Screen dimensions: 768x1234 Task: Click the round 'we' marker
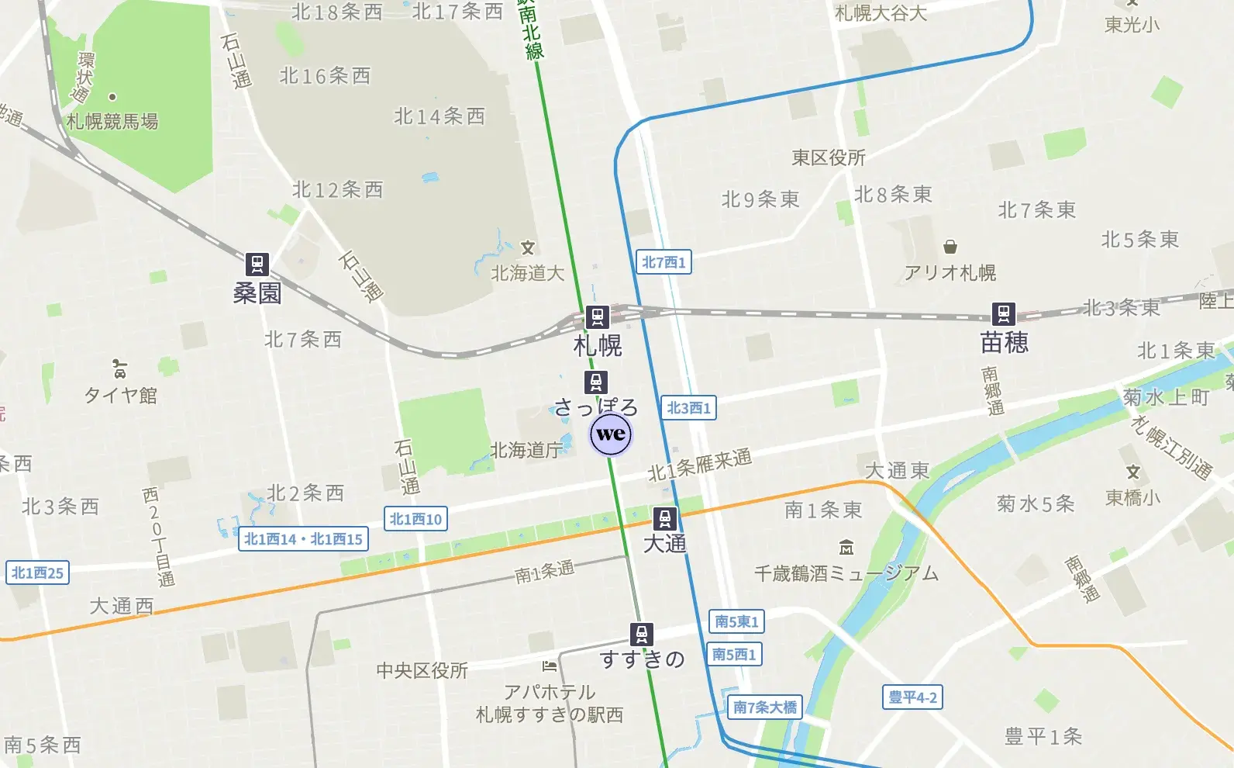[x=611, y=434]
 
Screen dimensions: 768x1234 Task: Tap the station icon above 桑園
[x=257, y=264]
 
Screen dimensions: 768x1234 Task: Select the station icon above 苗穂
[x=1004, y=313]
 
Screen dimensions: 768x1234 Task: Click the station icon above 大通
[x=664, y=517]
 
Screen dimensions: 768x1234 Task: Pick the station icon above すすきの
[x=642, y=634]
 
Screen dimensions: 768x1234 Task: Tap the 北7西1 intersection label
[x=664, y=262]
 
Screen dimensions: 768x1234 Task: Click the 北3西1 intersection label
[x=688, y=408]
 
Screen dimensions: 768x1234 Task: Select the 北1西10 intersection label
[x=415, y=519]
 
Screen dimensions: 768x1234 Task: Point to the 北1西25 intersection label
[x=37, y=573]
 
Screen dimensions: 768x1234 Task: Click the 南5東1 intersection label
[x=736, y=621]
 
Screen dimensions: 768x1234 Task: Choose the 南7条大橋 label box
[x=765, y=707]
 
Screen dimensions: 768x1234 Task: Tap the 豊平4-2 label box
[x=912, y=697]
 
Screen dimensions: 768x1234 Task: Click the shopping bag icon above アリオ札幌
[x=950, y=247]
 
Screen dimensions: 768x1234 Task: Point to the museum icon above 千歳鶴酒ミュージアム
[x=846, y=548]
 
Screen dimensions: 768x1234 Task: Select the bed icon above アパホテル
[x=550, y=666]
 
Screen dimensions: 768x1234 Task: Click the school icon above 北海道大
[x=528, y=248]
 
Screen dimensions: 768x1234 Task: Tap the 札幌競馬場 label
[x=112, y=122]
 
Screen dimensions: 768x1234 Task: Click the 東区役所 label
[x=829, y=158]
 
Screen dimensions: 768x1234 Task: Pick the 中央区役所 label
[x=422, y=670]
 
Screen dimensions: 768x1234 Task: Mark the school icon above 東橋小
[x=1133, y=472]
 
